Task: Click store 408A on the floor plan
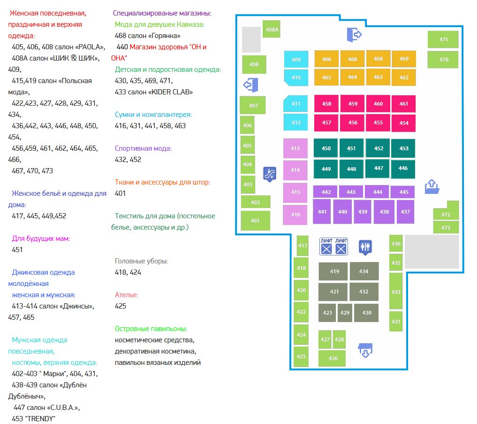click(272, 29)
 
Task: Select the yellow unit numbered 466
click(327, 59)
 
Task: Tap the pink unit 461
click(404, 104)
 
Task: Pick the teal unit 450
click(326, 148)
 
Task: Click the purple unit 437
click(406, 212)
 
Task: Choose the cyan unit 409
click(296, 60)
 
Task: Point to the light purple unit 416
click(295, 215)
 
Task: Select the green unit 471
click(444, 39)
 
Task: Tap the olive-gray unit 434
click(363, 271)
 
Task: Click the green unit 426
click(333, 358)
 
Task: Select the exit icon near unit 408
click(251, 85)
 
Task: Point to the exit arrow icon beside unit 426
click(365, 350)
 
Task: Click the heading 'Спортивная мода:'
click(144, 148)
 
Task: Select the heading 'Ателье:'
click(127, 295)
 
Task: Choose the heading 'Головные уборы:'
click(141, 261)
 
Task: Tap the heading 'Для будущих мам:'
click(40, 239)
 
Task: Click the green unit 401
click(255, 221)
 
